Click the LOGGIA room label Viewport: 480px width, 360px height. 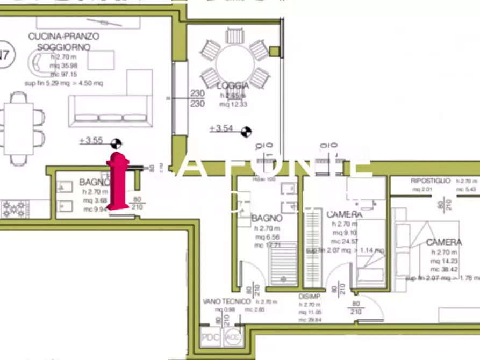pyautogui.click(x=233, y=86)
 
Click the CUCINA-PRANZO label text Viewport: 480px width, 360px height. pyautogui.click(x=64, y=36)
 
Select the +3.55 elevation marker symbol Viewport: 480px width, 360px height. pyautogui.click(x=116, y=142)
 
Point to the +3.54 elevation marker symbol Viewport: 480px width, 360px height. pyautogui.click(x=247, y=129)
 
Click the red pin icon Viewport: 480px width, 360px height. pyautogui.click(x=118, y=181)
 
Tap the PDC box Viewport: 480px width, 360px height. pyautogui.click(x=207, y=337)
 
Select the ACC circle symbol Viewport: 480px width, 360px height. pyautogui.click(x=232, y=337)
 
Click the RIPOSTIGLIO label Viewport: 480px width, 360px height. pyautogui.click(x=430, y=181)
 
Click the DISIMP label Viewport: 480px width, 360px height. pyautogui.click(x=310, y=296)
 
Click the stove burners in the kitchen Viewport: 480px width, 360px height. pyautogui.click(x=14, y=208)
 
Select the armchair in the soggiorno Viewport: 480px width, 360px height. pyautogui.click(x=39, y=64)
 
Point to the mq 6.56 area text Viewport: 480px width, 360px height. pyautogui.click(x=266, y=237)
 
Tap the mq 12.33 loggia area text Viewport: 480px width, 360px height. pyautogui.click(x=233, y=104)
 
